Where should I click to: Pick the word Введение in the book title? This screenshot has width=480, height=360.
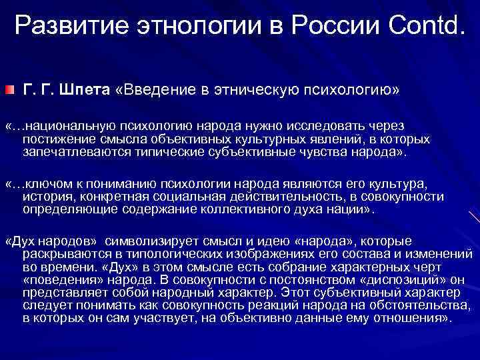click(158, 89)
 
